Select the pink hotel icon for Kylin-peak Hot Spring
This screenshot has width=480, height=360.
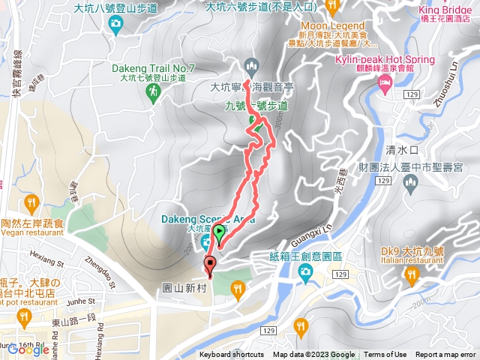click(x=385, y=88)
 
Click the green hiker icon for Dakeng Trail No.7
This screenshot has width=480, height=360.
click(x=154, y=91)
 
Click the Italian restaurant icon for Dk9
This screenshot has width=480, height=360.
click(x=411, y=276)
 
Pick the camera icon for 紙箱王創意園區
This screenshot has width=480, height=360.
click(x=305, y=275)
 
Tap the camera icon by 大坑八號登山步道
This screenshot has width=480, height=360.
click(x=115, y=25)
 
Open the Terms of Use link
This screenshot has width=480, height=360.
click(x=385, y=355)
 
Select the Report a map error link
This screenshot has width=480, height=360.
click(x=445, y=355)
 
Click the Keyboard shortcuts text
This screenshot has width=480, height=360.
click(x=232, y=355)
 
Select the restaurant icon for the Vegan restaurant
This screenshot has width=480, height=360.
click(x=31, y=202)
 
